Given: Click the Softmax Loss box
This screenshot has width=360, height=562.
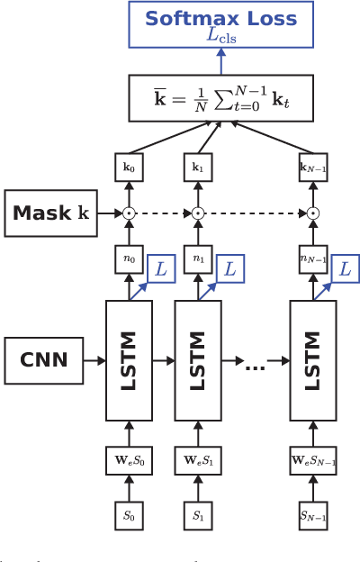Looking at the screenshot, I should (x=221, y=24).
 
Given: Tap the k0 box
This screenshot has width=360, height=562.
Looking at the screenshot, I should (x=128, y=168).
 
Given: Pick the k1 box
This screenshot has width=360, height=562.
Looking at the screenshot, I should (x=197, y=168).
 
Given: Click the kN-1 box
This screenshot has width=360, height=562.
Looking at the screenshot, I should (x=312, y=168).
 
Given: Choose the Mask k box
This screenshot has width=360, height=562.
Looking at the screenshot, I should (x=50, y=213).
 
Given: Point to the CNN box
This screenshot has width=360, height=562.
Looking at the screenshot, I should (x=43, y=360).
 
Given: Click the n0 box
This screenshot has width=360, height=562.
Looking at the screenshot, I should (x=128, y=258).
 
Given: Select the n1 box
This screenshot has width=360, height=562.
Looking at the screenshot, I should (x=197, y=258).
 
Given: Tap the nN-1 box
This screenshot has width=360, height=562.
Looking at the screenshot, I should (x=312, y=258).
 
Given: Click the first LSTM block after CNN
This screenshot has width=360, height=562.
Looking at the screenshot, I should (x=129, y=360).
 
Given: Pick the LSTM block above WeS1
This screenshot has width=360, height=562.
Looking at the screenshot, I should (x=197, y=360).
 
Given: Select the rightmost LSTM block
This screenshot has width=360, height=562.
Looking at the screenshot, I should (x=312, y=360).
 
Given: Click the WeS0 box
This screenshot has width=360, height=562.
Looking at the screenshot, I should (x=128, y=459).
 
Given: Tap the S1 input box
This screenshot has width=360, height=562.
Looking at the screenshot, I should (x=197, y=518).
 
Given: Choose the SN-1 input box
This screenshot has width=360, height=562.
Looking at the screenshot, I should (x=312, y=518).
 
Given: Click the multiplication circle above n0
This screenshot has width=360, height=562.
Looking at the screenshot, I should (x=128, y=213).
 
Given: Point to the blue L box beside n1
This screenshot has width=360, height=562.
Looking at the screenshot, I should (x=232, y=267).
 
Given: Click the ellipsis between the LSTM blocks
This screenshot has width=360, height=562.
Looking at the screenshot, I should (x=255, y=366).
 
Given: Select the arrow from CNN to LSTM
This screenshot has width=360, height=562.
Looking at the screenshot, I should (x=94, y=360).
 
